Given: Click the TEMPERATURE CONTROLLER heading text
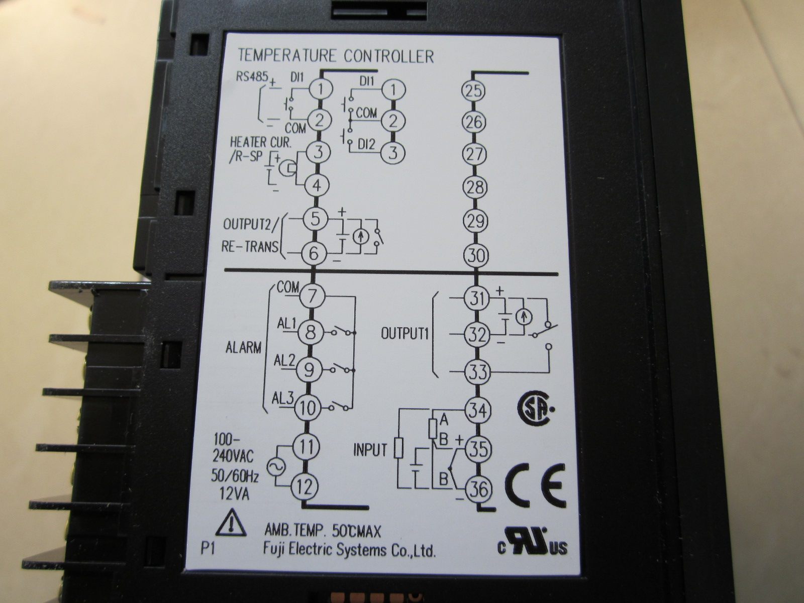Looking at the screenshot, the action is pyautogui.click(x=336, y=55).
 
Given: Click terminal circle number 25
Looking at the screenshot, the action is pyautogui.click(x=473, y=90).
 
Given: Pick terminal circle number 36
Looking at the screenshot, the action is pyautogui.click(x=478, y=489).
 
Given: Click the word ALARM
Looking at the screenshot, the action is pyautogui.click(x=243, y=347).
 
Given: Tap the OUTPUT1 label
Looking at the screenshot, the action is pyautogui.click(x=404, y=334).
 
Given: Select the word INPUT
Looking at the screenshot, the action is pyautogui.click(x=370, y=450).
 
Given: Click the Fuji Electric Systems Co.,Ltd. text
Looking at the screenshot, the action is pyautogui.click(x=349, y=550).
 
